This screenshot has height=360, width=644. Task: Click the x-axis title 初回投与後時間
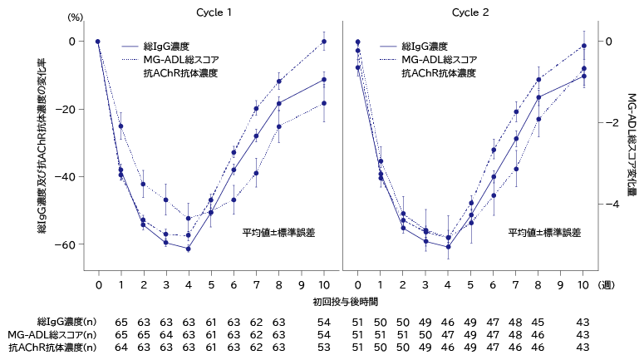tap(345, 300)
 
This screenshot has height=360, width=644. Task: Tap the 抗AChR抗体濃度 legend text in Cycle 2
tap(439, 73)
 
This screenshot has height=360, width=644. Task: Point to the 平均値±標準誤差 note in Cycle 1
tap(278, 233)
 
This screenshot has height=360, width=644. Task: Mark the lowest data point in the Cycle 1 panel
tap(189, 249)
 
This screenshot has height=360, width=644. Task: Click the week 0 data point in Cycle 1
tap(98, 41)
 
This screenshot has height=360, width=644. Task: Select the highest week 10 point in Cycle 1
tap(324, 41)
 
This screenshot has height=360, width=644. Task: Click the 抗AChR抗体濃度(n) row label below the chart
tap(50, 348)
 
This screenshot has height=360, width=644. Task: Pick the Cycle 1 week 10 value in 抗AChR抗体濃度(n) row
tap(324, 348)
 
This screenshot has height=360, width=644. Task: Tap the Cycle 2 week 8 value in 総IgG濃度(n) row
tap(538, 321)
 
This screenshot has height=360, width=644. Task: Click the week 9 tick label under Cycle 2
tap(561, 284)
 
